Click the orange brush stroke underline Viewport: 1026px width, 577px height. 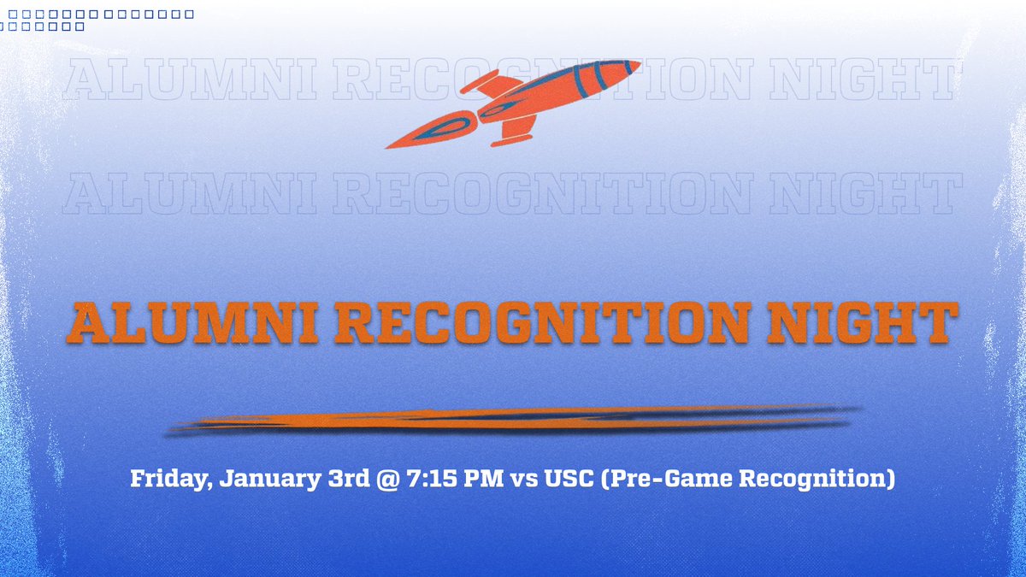coord(513,420)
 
